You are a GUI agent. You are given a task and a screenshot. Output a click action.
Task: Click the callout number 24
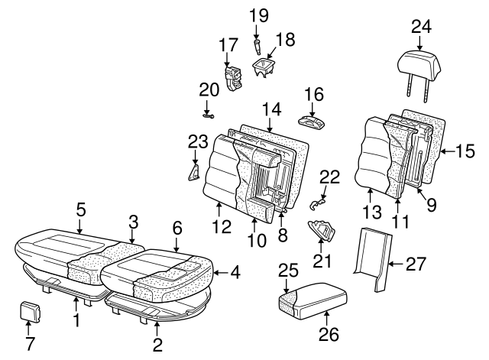pyautogui.click(x=420, y=28)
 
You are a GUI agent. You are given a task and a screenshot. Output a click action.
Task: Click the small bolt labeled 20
pyautogui.click(x=207, y=115)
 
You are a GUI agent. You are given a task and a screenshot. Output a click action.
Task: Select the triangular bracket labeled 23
pyautogui.click(x=193, y=170)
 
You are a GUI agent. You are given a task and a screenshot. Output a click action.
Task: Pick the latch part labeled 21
pyautogui.click(x=322, y=230)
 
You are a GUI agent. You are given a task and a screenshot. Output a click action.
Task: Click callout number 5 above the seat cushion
pyautogui.click(x=81, y=208)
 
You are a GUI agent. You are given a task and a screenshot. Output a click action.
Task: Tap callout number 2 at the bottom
pyautogui.click(x=157, y=344)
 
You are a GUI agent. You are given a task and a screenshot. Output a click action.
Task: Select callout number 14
pyautogui.click(x=270, y=109)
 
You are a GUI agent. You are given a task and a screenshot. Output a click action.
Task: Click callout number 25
pyautogui.click(x=287, y=270)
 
